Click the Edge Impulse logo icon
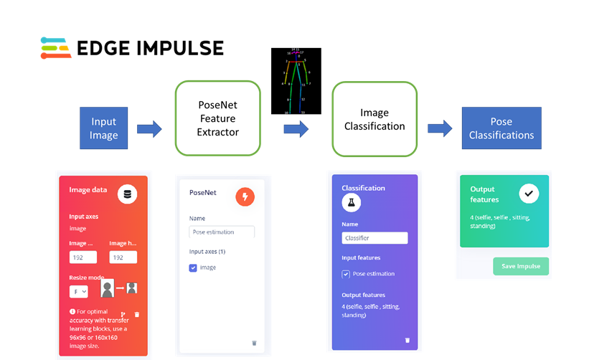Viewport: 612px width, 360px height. [x=55, y=47]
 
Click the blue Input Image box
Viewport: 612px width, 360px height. [x=103, y=128]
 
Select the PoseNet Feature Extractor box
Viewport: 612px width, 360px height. [x=217, y=118]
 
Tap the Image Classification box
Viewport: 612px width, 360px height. [x=374, y=119]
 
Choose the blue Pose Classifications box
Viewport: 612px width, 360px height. [x=502, y=128]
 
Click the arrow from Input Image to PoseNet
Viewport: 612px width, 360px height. [x=149, y=129]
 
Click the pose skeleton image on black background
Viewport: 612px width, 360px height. [x=296, y=81]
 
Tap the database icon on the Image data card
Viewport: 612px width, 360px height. [x=128, y=194]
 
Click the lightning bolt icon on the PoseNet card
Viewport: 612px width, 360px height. [x=245, y=196]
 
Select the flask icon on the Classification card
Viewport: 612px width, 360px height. [x=352, y=204]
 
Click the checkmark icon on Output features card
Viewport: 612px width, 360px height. [x=529, y=194]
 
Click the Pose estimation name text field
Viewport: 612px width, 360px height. [x=222, y=232]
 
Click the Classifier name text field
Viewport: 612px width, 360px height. [x=375, y=238]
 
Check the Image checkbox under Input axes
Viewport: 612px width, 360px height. [x=193, y=267]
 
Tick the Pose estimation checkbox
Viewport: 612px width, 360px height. [x=346, y=274]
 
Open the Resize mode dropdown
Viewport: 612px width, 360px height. [x=78, y=292]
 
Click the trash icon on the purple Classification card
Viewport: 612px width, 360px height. [x=408, y=340]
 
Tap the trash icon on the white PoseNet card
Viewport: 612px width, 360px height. [x=254, y=343]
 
